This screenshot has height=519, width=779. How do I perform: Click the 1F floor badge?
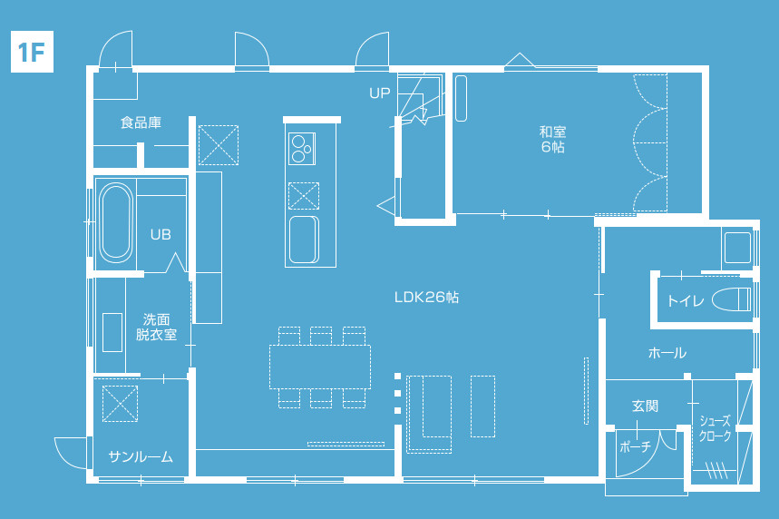(32, 52)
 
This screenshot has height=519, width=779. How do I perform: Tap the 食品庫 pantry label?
(141, 122)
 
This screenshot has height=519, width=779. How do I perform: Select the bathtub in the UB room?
(116, 223)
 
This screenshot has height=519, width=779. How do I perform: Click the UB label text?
(161, 234)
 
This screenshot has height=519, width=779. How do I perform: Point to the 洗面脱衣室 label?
(157, 327)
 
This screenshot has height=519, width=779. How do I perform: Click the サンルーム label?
(141, 457)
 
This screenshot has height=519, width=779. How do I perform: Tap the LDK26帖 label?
(426, 298)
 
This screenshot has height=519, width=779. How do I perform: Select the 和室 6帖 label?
(553, 139)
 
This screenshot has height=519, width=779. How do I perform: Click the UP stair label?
(380, 93)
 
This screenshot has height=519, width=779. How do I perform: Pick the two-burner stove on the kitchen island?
(302, 149)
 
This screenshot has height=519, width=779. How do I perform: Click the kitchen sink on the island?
(304, 240)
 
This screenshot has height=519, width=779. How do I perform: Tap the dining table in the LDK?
(320, 367)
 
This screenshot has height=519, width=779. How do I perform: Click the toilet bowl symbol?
(731, 299)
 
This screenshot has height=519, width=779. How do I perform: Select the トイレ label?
(686, 300)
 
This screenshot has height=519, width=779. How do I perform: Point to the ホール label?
(667, 353)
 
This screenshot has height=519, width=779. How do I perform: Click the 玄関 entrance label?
(646, 406)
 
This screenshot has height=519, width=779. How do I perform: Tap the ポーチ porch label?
(636, 447)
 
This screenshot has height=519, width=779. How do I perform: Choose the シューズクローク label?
(716, 428)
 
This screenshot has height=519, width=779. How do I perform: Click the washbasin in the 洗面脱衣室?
(112, 333)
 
